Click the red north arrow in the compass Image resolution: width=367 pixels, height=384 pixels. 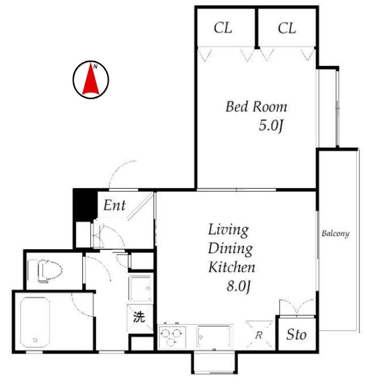coord(91,81)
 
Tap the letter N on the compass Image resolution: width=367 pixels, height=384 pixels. coord(96,66)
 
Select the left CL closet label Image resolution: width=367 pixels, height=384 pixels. coord(223,28)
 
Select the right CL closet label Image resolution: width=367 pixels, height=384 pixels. coord(287,28)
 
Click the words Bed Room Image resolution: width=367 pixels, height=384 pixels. coord(256,106)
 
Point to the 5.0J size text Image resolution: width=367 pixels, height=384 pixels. coord(271,126)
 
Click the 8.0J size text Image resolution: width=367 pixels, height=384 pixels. coord(239,286)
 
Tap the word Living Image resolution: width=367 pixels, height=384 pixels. coord(228,230)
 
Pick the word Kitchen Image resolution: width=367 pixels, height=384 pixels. coord(232,267)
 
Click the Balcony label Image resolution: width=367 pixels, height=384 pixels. coord(335,233)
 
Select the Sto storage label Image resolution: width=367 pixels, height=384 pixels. coord(296,335)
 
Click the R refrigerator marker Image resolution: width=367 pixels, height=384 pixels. coord(259,335)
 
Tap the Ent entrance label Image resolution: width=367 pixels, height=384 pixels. coord(114,205)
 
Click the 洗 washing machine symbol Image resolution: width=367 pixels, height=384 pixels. coord(139,317)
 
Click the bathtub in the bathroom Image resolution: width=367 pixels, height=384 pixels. coord(35,322)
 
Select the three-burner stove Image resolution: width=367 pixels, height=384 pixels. coord(172,336)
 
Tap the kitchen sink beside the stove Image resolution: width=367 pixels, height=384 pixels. coord(214,336)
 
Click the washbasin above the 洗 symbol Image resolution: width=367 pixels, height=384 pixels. coord(140,288)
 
